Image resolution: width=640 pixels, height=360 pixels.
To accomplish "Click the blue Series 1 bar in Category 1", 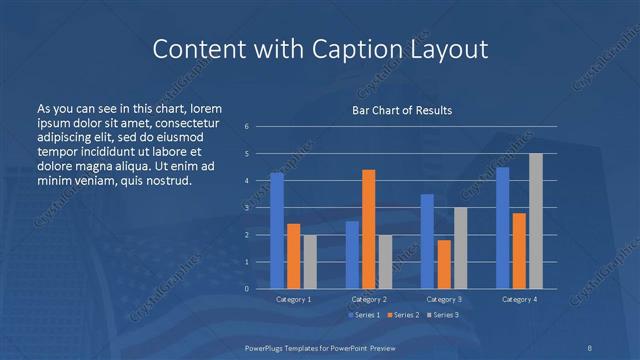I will (x=277, y=231).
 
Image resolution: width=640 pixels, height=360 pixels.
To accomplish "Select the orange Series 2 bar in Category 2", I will (x=369, y=229).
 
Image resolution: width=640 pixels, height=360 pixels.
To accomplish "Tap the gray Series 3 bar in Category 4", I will (x=536, y=221).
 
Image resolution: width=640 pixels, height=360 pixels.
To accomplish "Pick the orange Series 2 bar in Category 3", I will (x=444, y=264).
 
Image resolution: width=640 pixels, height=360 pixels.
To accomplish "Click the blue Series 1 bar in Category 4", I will (x=502, y=228).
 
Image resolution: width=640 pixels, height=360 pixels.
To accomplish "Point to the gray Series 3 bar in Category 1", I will (x=310, y=262).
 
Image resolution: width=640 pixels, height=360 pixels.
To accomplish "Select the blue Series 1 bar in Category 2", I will (x=352, y=255).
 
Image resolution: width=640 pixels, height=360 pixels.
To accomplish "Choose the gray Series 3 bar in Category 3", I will (x=461, y=248).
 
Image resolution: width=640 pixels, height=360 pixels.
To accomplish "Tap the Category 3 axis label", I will (x=444, y=299).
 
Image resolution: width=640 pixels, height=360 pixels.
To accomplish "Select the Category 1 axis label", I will (x=293, y=299).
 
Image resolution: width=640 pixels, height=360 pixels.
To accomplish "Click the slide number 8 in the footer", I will (x=589, y=346).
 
